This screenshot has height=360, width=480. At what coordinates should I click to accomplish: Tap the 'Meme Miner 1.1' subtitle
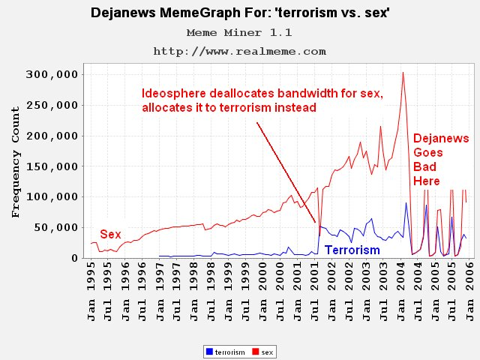click(x=239, y=32)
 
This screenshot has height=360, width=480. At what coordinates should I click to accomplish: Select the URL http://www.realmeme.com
click(x=240, y=51)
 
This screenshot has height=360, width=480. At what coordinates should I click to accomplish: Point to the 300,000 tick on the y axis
click(x=52, y=74)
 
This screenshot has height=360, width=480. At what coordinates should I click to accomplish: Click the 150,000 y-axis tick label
click(x=52, y=166)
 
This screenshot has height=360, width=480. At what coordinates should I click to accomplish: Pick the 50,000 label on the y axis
click(x=56, y=227)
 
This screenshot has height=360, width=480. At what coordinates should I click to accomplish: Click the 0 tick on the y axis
click(x=75, y=258)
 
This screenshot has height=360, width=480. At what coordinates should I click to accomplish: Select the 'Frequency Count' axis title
click(x=16, y=162)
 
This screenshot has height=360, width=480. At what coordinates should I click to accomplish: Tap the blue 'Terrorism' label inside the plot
click(x=352, y=250)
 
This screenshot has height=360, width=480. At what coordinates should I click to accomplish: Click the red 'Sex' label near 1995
click(x=110, y=235)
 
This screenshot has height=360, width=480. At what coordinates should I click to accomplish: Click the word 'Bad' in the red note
click(x=424, y=166)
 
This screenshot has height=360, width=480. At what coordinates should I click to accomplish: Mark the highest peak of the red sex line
click(x=403, y=73)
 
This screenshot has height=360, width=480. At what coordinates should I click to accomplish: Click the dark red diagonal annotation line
click(x=286, y=172)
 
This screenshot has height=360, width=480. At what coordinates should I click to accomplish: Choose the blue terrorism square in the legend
click(x=210, y=352)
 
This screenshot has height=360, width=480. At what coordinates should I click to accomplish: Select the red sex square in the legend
click(x=256, y=352)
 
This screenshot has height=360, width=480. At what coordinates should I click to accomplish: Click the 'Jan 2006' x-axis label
click(x=469, y=291)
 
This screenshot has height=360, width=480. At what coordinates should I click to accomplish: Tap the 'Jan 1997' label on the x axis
click(x=160, y=291)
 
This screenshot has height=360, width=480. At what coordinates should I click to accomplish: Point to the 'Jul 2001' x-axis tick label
click(x=314, y=291)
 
